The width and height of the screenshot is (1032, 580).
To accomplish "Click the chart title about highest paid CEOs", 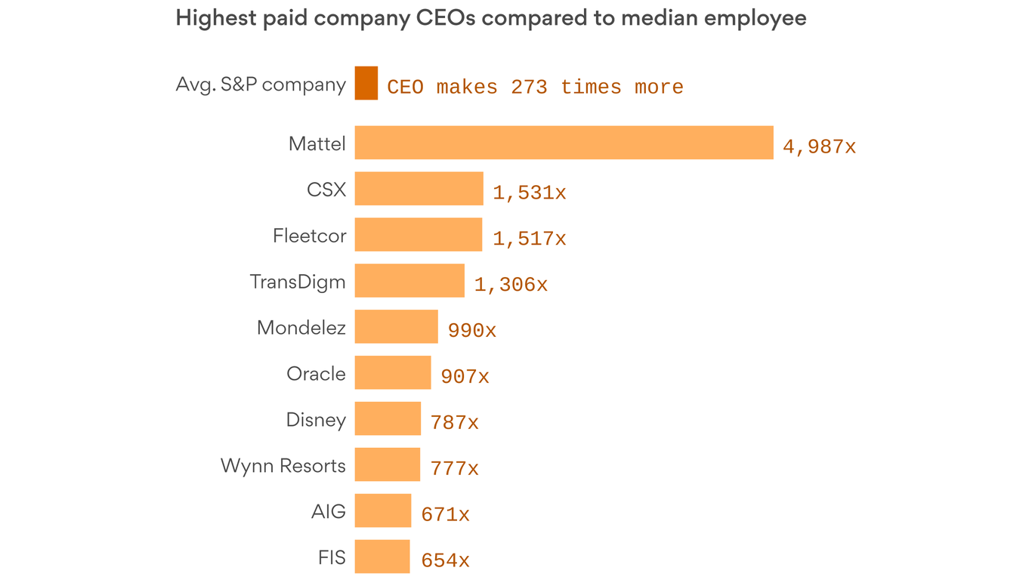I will point(490,18).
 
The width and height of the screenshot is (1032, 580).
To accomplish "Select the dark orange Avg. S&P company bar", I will point(366,83).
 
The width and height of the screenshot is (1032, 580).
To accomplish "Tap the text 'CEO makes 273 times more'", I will point(535,88).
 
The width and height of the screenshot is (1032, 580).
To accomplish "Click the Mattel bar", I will point(564,143).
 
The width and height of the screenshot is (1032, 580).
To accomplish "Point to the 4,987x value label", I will point(819,147).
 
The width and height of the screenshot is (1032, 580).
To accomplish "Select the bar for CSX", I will point(419,189).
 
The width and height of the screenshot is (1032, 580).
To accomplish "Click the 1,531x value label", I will point(529,193).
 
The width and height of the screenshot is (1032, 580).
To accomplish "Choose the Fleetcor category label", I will point(309,236).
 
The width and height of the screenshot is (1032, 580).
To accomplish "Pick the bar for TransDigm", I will point(409,281).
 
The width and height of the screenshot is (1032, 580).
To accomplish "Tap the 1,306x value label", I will point(511,285).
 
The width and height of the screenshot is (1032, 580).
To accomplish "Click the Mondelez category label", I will point(301,328).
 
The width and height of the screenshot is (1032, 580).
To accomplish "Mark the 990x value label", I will point(471,331).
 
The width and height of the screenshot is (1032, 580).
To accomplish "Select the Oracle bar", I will point(393,372).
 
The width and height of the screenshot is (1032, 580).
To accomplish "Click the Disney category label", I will point(316,420).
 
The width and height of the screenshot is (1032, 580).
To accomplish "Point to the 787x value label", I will point(454,423).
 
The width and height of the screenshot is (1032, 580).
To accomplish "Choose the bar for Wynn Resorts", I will point(387,464).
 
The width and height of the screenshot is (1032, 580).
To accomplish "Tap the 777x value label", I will point(454,469).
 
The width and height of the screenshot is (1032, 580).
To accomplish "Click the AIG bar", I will point(382,511).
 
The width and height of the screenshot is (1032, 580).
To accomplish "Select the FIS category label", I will point(332,557).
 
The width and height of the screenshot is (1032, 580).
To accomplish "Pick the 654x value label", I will point(445,561).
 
